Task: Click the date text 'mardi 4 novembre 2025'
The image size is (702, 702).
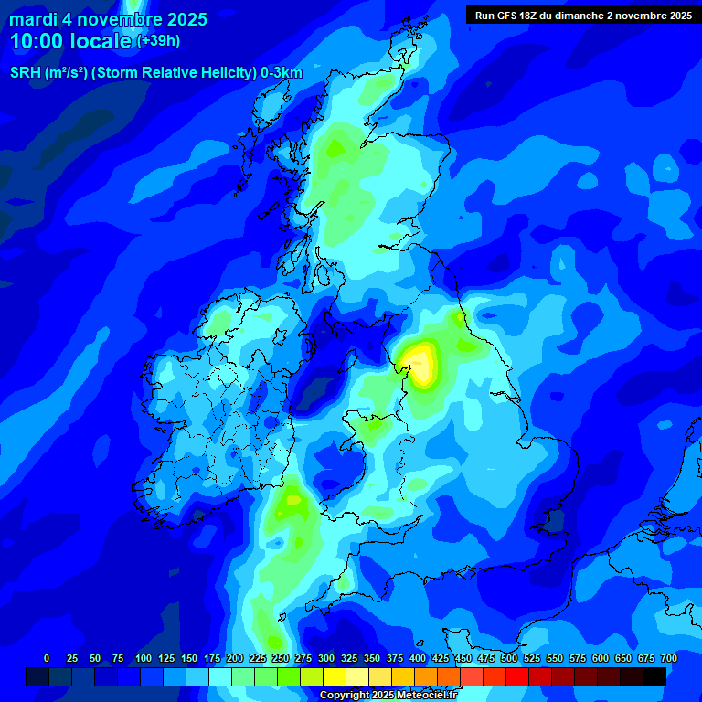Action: click(108, 19)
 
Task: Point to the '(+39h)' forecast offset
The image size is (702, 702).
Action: click(158, 41)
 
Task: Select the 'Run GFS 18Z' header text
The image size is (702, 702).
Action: click(511, 16)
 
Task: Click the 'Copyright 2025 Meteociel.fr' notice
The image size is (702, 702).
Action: click(388, 696)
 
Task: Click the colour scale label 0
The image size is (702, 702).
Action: click(47, 658)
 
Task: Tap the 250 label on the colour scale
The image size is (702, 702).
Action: click(281, 658)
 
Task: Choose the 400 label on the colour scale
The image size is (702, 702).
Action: click(418, 658)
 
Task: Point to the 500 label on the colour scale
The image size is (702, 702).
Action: click(509, 658)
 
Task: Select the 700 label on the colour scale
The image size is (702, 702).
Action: click(669, 658)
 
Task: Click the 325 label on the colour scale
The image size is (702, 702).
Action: click(349, 658)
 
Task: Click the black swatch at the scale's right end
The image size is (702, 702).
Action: click(654, 676)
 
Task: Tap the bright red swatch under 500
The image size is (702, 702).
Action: click(517, 676)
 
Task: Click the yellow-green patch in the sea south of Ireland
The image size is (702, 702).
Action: click(292, 500)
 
